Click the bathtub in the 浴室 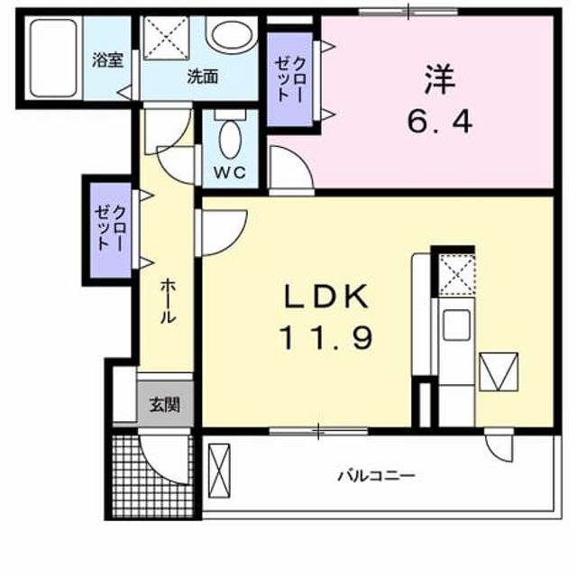pyautogui.click(x=53, y=58)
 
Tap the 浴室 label pyautogui.click(x=107, y=60)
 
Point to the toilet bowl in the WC pyautogui.click(x=231, y=140)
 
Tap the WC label pyautogui.click(x=231, y=172)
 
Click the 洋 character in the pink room pyautogui.click(x=440, y=79)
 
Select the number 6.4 pyautogui.click(x=440, y=123)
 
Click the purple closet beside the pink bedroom pyautogui.click(x=289, y=79)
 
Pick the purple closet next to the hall pyautogui.click(x=111, y=231)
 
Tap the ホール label pyautogui.click(x=168, y=301)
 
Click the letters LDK pyautogui.click(x=326, y=297)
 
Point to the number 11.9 pyautogui.click(x=326, y=339)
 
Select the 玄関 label pyautogui.click(x=164, y=405)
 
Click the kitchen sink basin pyautogui.click(x=456, y=325)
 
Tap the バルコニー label pyautogui.click(x=377, y=476)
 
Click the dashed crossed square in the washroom pyautogui.click(x=166, y=37)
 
